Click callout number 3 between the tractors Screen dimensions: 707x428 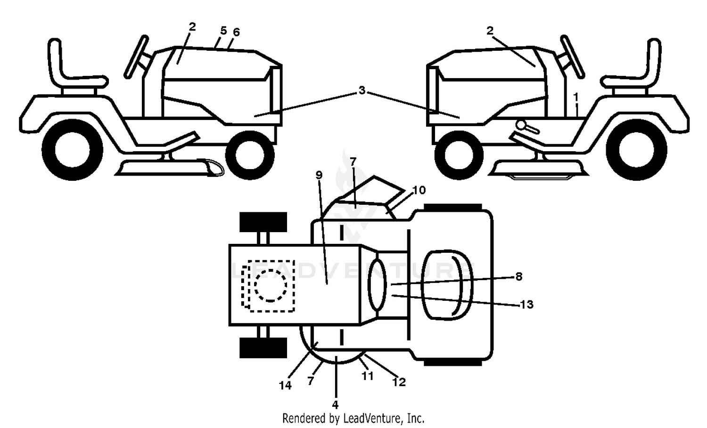tap(362, 90)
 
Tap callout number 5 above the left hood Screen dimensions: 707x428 tap(223, 31)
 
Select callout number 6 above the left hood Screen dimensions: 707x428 tap(236, 32)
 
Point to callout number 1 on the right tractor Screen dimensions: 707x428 tap(576, 97)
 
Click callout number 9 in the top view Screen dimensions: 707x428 tap(319, 175)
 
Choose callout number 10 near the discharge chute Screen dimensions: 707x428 tap(419, 190)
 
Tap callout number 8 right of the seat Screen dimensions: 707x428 tap(518, 276)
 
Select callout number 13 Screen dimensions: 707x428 tap(526, 304)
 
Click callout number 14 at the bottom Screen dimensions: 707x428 tap(285, 385)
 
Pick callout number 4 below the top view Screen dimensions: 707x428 tap(335, 404)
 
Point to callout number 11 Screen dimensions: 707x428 tap(367, 376)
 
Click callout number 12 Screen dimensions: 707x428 tap(399, 382)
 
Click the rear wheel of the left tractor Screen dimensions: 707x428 tap(72, 150)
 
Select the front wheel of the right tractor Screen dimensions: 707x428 tap(459, 155)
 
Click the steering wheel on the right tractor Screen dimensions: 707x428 tap(572, 57)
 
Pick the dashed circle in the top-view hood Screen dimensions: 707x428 tap(271, 286)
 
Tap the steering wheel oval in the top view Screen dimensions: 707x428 tap(378, 284)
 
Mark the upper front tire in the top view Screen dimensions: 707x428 tap(263, 222)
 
